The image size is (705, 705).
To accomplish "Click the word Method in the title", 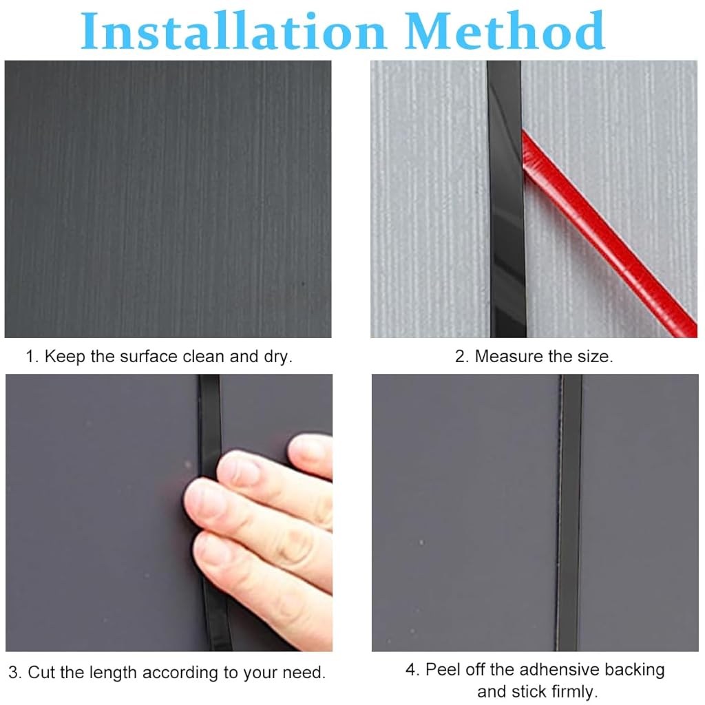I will (x=506, y=32).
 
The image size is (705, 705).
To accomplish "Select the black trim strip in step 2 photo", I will (x=507, y=200).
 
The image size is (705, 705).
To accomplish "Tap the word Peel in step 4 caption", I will (x=442, y=670).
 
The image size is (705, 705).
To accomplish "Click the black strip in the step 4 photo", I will (x=569, y=513).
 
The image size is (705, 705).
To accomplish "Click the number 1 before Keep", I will (x=30, y=357).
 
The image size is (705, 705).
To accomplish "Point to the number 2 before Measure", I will (x=461, y=357).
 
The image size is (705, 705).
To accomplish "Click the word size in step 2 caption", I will (x=596, y=357).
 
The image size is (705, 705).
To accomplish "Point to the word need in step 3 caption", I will (x=306, y=672).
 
